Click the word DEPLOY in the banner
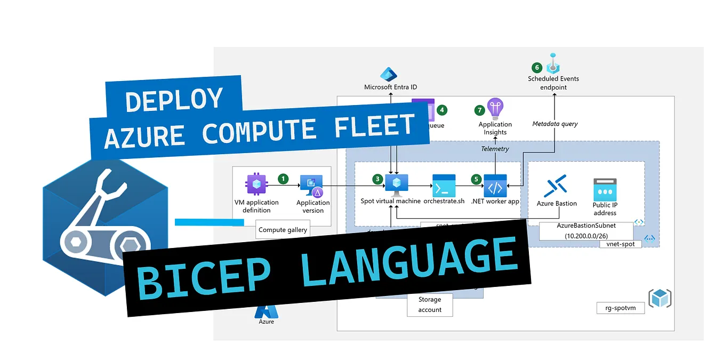tap(174, 100)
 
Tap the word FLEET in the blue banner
tap(372, 127)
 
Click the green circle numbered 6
tap(537, 67)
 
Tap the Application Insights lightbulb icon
tap(495, 109)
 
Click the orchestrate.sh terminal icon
tap(444, 185)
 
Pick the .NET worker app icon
tap(495, 185)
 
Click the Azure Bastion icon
tap(556, 187)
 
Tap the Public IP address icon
tap(605, 189)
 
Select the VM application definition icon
tap(255, 185)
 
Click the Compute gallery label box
tap(283, 230)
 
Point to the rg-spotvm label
tap(621, 308)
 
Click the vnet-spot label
tap(620, 243)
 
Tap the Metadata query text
tap(555, 124)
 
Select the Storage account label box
tap(430, 305)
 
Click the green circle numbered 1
tap(283, 178)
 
